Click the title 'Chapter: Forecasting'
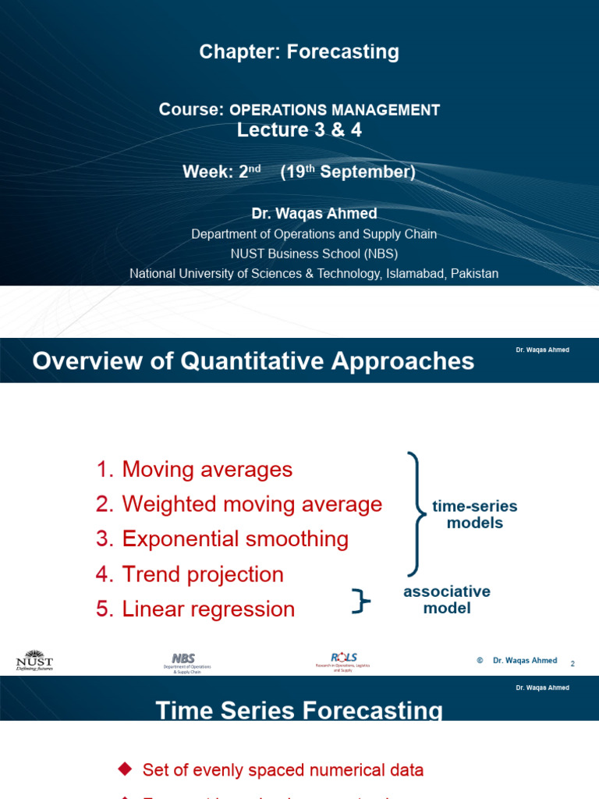[x=299, y=52]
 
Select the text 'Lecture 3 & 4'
[x=299, y=130]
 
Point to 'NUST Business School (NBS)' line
[x=314, y=254]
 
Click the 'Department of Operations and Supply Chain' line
[x=314, y=234]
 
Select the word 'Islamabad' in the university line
[x=418, y=274]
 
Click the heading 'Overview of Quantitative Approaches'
[x=253, y=361]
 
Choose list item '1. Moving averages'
[x=194, y=470]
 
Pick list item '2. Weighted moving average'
[x=239, y=505]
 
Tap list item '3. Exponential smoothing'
[x=222, y=539]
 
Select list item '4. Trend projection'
[x=190, y=575]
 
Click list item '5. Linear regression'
[x=195, y=609]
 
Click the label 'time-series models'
[x=474, y=515]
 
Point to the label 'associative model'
[x=447, y=599]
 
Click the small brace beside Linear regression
[x=360, y=602]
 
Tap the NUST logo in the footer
[x=34, y=661]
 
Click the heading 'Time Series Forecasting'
[x=299, y=710]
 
